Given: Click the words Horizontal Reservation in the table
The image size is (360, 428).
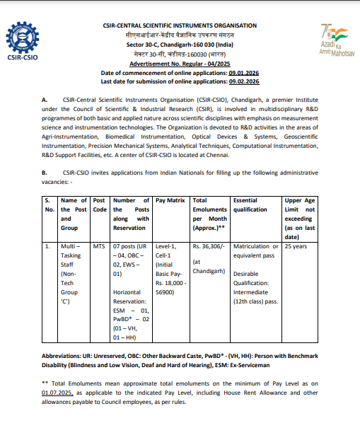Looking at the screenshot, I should pyautogui.click(x=132, y=295).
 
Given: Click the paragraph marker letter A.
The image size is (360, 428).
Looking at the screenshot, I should pyautogui.click(x=45, y=103).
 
